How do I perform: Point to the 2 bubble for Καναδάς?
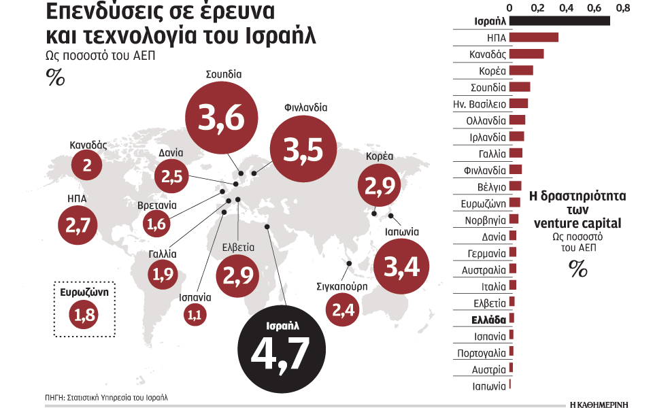87,165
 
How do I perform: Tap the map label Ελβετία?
238,248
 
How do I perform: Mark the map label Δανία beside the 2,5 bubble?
169,153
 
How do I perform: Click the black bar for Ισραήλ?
559,20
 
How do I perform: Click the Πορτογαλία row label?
482,353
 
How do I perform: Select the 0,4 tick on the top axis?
566,7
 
